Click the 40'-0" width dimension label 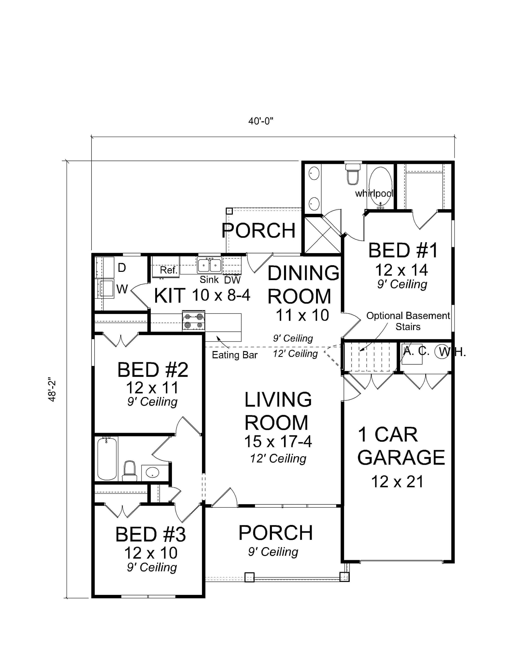(x=261, y=122)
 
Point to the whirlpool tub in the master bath (x=380, y=187)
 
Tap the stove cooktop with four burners (x=194, y=321)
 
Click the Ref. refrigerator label (x=169, y=270)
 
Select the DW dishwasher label (x=232, y=280)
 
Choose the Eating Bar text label (x=235, y=355)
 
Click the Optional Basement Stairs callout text (x=408, y=321)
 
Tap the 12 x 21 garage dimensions (x=397, y=482)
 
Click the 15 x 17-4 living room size (x=278, y=441)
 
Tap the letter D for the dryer (x=122, y=268)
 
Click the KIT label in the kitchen (x=170, y=296)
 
